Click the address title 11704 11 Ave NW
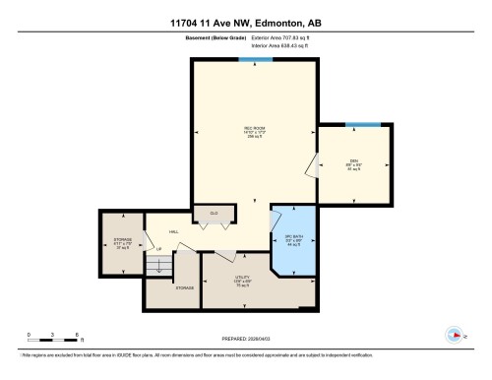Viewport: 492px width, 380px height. pos(245,22)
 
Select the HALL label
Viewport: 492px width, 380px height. pos(172,232)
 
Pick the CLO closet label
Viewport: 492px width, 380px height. pos(214,213)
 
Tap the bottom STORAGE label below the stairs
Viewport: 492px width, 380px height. pos(184,288)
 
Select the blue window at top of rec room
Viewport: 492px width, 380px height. pos(256,59)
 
